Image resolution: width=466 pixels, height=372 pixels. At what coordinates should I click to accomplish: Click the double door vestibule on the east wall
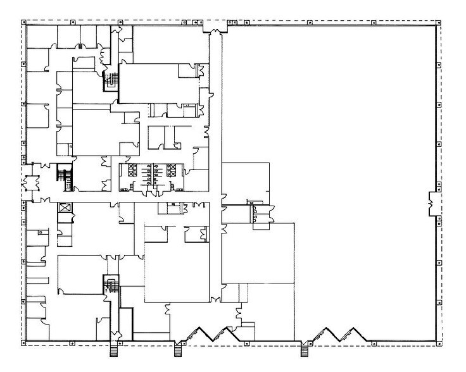(x=433, y=202)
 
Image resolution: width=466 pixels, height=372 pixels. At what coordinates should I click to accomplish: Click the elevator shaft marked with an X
(x=63, y=208)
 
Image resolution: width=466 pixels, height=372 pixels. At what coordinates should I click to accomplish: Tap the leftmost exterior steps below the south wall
(x=115, y=350)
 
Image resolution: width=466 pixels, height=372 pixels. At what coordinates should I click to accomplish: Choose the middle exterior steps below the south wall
(x=178, y=350)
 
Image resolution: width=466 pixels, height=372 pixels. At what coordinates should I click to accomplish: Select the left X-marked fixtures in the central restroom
(x=132, y=170)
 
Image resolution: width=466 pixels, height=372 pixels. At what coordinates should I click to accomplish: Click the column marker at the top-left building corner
(x=25, y=23)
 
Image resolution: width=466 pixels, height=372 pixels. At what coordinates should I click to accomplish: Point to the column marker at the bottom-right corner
(x=438, y=344)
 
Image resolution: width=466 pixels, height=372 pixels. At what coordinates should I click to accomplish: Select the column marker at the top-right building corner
(x=438, y=23)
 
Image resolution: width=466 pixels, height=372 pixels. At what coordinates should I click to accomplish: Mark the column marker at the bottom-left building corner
(x=25, y=344)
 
